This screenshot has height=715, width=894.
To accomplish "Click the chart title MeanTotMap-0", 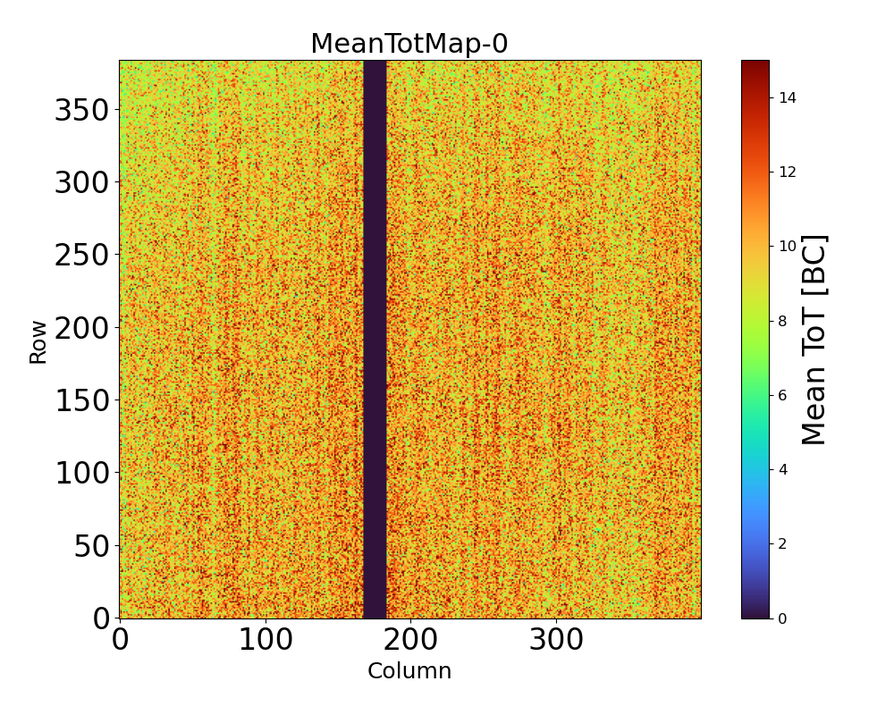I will pyautogui.click(x=409, y=44).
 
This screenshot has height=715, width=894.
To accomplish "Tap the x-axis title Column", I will pyautogui.click(x=409, y=671).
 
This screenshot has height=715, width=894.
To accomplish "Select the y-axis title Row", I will pyautogui.click(x=38, y=340).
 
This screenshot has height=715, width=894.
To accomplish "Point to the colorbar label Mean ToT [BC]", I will pyautogui.click(x=814, y=340).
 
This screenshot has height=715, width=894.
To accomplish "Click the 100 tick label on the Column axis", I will pyautogui.click(x=265, y=640).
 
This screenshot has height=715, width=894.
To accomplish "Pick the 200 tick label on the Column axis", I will pyautogui.click(x=410, y=640).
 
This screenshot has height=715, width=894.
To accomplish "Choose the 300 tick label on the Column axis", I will pyautogui.click(x=556, y=640).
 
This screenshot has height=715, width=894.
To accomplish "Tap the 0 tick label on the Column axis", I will pyautogui.click(x=120, y=640).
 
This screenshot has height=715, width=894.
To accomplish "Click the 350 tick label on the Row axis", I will pyautogui.click(x=82, y=111).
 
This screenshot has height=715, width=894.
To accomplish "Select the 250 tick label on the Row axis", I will pyautogui.click(x=82, y=257).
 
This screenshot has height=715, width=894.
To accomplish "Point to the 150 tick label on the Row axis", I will pyautogui.click(x=82, y=401).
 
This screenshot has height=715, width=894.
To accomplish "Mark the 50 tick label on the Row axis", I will pyautogui.click(x=92, y=546).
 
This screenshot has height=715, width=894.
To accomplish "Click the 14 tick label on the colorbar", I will pyautogui.click(x=787, y=97).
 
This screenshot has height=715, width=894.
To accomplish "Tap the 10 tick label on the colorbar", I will pyautogui.click(x=787, y=246).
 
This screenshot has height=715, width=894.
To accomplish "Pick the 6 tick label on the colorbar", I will pyautogui.click(x=783, y=395).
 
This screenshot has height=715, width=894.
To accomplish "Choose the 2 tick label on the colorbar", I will pyautogui.click(x=783, y=543).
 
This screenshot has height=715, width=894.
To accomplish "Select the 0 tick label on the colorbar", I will pyautogui.click(x=783, y=618).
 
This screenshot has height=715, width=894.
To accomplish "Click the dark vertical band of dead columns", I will pyautogui.click(x=375, y=340).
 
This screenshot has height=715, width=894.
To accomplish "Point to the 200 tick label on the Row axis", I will pyautogui.click(x=82, y=329).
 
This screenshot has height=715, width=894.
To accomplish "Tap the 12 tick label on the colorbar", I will pyautogui.click(x=787, y=172).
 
